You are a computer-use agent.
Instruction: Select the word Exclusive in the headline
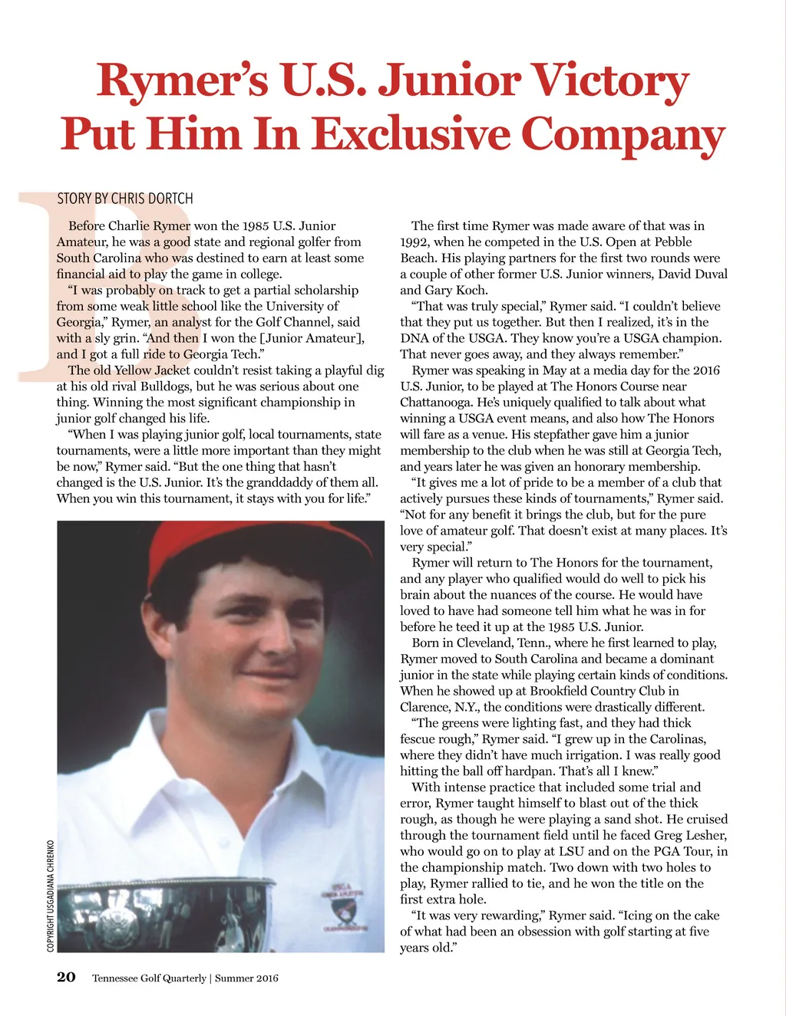413,133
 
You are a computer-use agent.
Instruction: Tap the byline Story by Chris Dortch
125,199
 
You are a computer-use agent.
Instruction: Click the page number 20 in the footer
66,977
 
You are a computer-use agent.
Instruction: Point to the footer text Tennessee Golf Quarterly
149,978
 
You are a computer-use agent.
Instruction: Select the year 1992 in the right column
414,242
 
